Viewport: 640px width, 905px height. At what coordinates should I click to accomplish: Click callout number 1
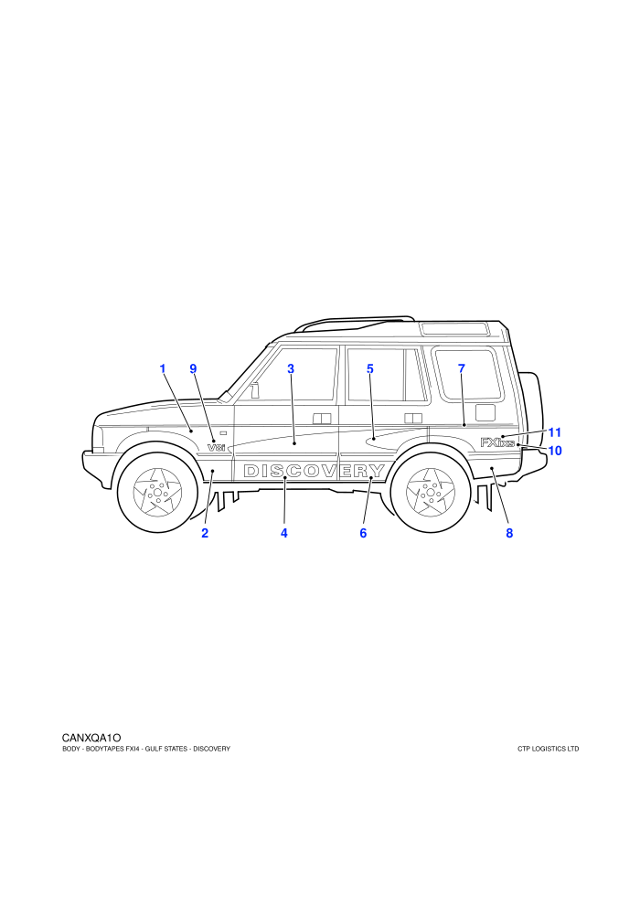coord(163,368)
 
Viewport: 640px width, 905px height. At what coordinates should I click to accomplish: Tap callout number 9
coord(193,368)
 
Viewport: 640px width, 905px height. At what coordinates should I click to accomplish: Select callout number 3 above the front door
coord(291,368)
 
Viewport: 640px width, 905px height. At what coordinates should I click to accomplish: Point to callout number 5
coord(370,368)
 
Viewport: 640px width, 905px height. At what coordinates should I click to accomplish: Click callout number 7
coord(462,368)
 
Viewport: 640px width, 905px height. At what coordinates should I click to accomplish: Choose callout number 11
coord(555,432)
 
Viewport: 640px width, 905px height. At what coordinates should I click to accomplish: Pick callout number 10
coord(555,450)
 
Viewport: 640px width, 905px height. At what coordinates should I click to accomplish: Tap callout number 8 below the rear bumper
coord(509,533)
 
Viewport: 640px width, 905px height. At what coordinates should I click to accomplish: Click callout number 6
coord(363,533)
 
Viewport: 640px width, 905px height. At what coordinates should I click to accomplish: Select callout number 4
coord(284,533)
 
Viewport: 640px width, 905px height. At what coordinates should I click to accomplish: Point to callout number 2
coord(205,533)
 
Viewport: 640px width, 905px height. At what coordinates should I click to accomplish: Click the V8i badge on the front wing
coord(216,447)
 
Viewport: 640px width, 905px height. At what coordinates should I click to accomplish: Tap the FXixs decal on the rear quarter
coord(496,442)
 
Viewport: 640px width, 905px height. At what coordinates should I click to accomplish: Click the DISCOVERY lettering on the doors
coord(314,471)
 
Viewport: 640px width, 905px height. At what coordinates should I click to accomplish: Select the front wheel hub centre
coord(157,493)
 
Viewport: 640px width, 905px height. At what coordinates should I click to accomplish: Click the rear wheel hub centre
coord(431,493)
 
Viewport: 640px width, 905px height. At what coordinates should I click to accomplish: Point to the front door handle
coord(322,419)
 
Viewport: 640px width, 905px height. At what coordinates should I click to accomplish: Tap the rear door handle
coord(413,418)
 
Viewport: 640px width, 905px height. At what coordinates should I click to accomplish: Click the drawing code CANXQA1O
coord(91,738)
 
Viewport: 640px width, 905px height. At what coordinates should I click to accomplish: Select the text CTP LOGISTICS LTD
coord(549,750)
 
